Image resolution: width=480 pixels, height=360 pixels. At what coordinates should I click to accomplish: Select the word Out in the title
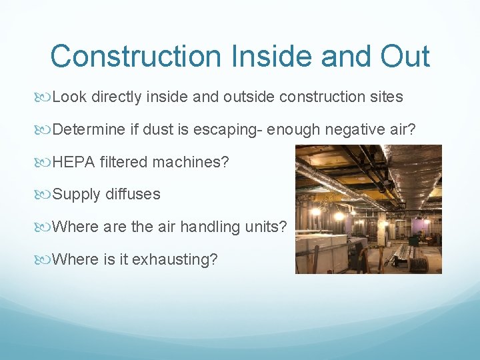tap(405, 56)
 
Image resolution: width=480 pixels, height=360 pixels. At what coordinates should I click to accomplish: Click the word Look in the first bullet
tap(69, 97)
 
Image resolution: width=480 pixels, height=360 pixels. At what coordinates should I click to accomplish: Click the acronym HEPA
tap(73, 162)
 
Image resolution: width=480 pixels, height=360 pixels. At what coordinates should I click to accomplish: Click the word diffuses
tap(133, 195)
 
